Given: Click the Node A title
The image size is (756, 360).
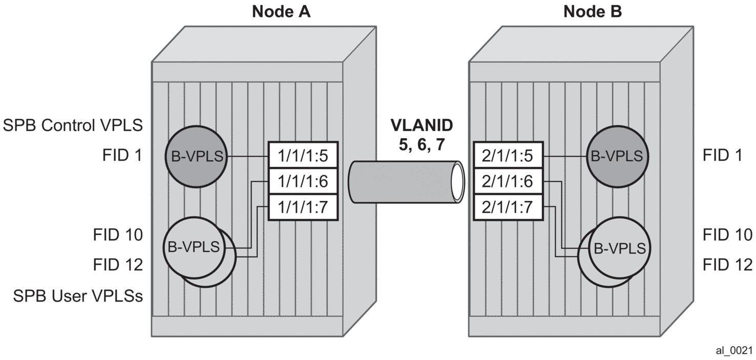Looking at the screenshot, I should click(281, 12).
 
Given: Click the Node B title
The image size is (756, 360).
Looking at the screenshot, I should click(593, 12).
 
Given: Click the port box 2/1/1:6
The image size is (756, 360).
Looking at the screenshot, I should click(507, 181).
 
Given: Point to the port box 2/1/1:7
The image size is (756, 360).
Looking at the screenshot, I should click(507, 207).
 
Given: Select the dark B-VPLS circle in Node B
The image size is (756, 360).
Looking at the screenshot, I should click(617, 156).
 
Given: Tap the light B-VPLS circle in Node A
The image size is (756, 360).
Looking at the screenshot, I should click(194, 247).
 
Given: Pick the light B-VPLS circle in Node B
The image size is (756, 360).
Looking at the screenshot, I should click(619, 248).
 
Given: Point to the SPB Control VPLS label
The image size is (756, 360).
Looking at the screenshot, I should click(72, 125).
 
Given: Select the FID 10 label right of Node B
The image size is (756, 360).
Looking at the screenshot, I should click(727, 235).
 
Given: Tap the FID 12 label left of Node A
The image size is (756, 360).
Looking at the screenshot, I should click(118, 265).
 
